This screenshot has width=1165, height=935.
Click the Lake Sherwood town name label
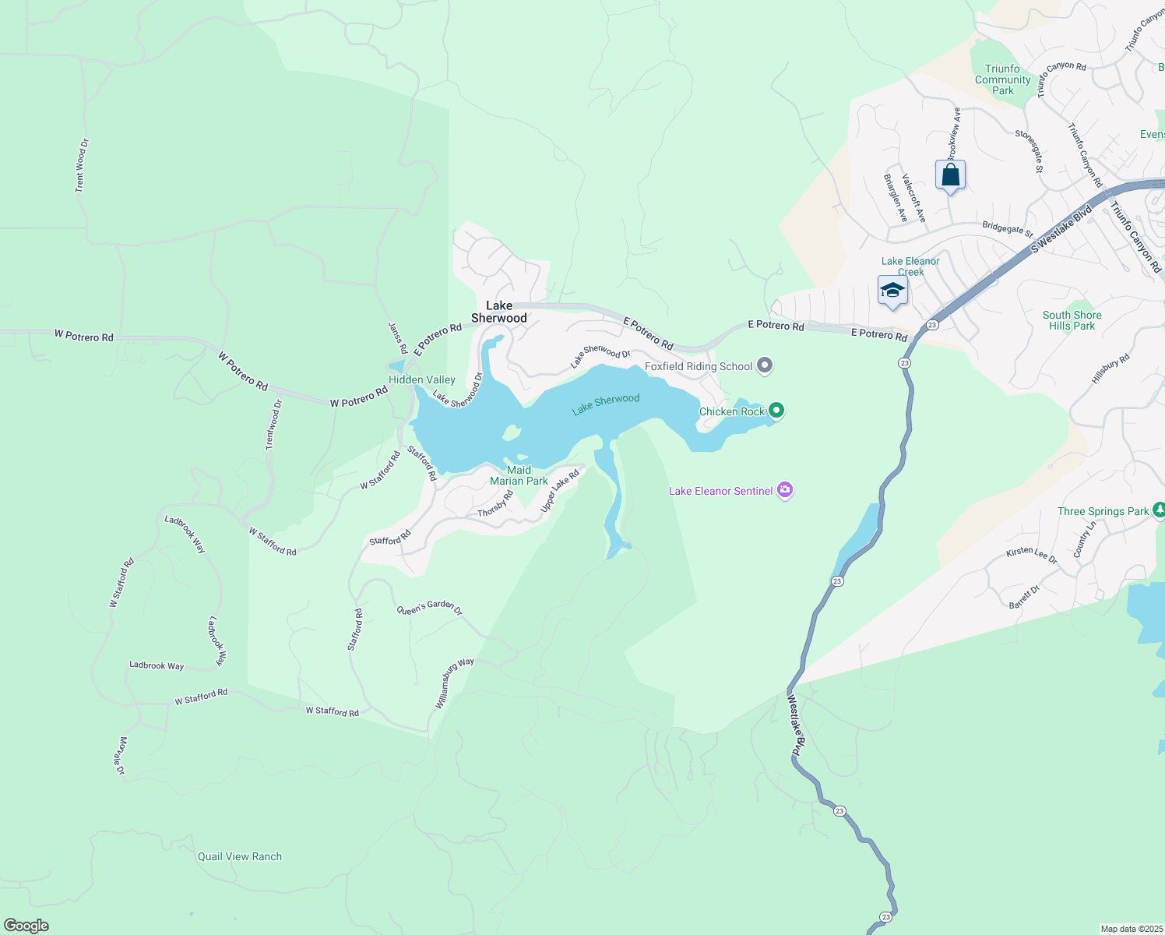tap(499, 312)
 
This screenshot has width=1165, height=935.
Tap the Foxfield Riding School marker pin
tap(765, 365)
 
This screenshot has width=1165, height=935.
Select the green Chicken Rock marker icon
tap(776, 411)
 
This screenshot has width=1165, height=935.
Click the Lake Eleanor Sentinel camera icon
tap(785, 490)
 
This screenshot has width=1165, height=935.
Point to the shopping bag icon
tap(950, 175)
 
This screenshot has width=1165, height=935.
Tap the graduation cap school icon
tap(892, 291)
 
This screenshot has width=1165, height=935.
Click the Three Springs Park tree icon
tap(1159, 510)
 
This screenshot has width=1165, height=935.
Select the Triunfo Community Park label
tap(1002, 79)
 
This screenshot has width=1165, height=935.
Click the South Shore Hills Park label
tap(1072, 320)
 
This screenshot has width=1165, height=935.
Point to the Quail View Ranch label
tap(240, 856)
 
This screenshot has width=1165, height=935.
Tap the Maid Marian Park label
tap(519, 475)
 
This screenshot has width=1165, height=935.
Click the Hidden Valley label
tap(422, 379)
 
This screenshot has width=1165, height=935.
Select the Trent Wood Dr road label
tap(82, 166)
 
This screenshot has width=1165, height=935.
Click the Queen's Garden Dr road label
tap(429, 607)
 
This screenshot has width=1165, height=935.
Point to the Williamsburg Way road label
tap(454, 683)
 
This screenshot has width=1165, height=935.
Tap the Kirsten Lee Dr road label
tap(1031, 555)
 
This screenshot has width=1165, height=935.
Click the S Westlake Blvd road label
tap(1061, 229)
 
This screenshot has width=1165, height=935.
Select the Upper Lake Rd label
tap(560, 491)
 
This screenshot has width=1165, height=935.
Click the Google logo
tap(26, 926)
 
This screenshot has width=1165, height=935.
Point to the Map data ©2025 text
tap(1131, 929)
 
